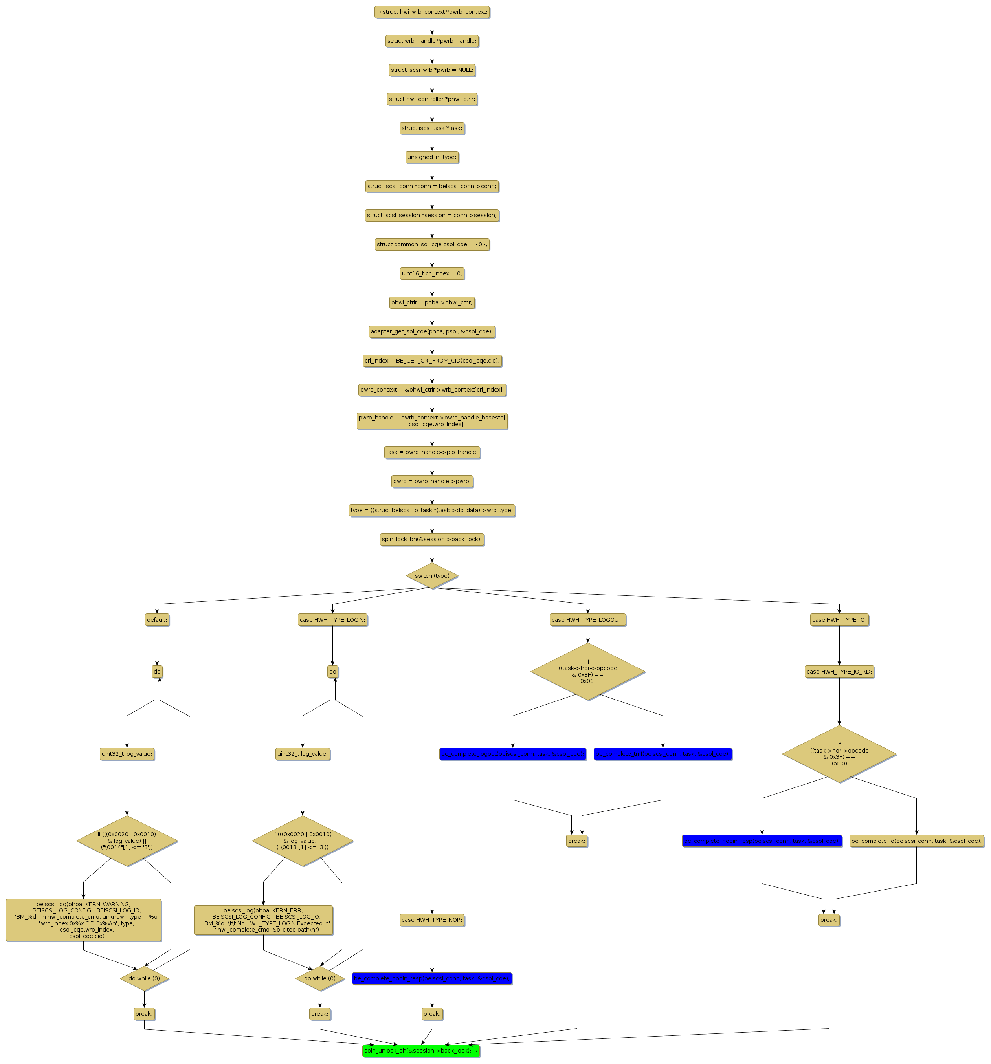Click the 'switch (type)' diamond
point(431,575)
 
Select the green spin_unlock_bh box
point(421,1050)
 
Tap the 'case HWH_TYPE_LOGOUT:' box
point(587,619)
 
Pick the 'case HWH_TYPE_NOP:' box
point(431,919)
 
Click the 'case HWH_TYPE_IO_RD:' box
point(839,671)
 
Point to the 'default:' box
point(157,619)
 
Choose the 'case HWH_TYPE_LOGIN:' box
point(332,619)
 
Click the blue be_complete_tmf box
point(662,754)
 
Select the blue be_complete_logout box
point(512,754)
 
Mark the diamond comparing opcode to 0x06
point(587,671)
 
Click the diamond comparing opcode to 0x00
point(839,754)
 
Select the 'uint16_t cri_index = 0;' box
point(431,273)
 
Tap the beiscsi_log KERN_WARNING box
point(84,919)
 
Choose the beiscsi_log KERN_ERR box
point(263,919)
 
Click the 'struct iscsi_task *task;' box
point(431,128)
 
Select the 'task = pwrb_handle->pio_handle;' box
point(431,452)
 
